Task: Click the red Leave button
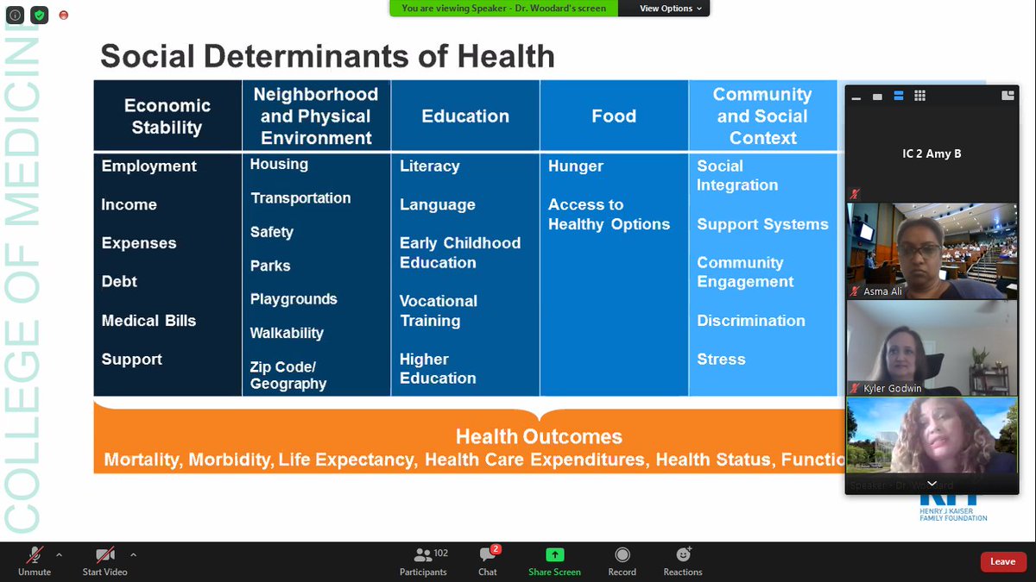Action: click(x=1002, y=562)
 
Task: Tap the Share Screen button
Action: click(x=554, y=560)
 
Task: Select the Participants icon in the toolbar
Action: click(x=423, y=560)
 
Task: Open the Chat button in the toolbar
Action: click(x=488, y=560)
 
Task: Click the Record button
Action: click(x=622, y=560)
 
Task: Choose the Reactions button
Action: click(x=683, y=560)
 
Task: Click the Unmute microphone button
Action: click(x=35, y=560)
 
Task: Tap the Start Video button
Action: click(x=104, y=560)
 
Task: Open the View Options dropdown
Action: click(x=671, y=9)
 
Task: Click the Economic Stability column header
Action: click(x=167, y=116)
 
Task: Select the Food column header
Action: click(x=614, y=116)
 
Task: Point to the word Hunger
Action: click(x=576, y=166)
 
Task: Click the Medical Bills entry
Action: click(x=148, y=321)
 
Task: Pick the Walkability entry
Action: click(x=287, y=333)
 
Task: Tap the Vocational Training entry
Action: click(x=438, y=310)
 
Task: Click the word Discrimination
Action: click(x=751, y=321)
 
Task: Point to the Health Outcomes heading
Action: click(x=539, y=436)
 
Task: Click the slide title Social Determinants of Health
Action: click(x=327, y=57)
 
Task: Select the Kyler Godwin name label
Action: click(x=892, y=389)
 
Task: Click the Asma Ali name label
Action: click(x=882, y=292)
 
